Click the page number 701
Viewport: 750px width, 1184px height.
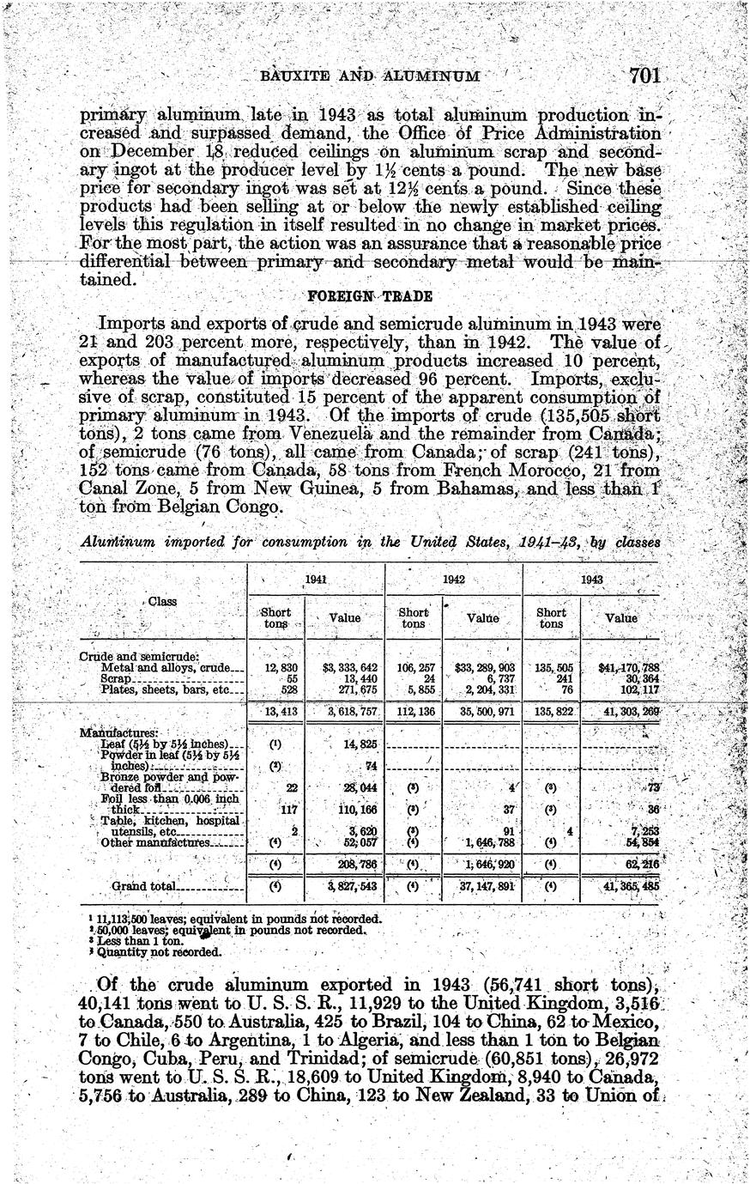coord(644,76)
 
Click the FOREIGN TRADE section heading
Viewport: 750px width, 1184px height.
coord(369,296)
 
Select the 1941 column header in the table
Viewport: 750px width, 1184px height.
coord(315,580)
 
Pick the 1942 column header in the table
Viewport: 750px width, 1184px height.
coord(453,580)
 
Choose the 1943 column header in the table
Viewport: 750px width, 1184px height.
coord(590,580)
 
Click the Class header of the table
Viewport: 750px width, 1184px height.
coord(161,601)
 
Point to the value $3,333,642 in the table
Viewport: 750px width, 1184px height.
coord(343,667)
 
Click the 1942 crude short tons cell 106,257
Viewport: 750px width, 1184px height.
coord(414,667)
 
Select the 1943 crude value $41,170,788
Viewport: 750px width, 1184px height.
coord(622,667)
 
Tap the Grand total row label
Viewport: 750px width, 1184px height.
coord(144,885)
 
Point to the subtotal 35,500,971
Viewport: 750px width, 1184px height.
coord(482,712)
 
